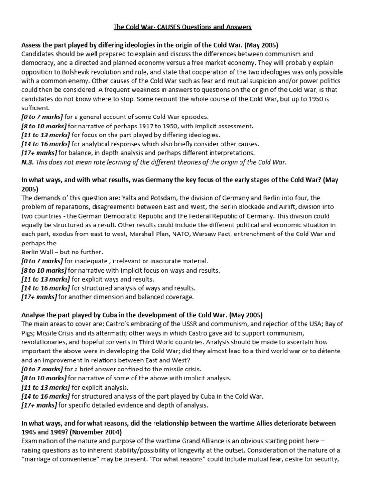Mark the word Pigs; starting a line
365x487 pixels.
point(29,333)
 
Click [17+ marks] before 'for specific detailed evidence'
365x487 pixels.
point(38,405)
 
